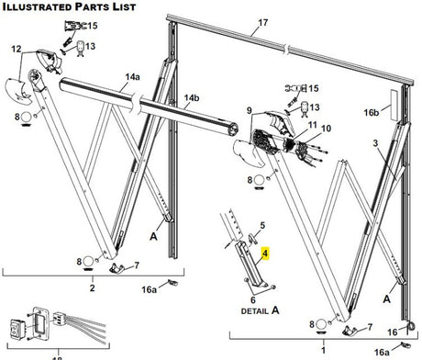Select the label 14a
tap(135, 77)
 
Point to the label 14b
tap(191, 98)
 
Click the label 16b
tap(371, 111)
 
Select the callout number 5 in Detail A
tap(261, 225)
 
